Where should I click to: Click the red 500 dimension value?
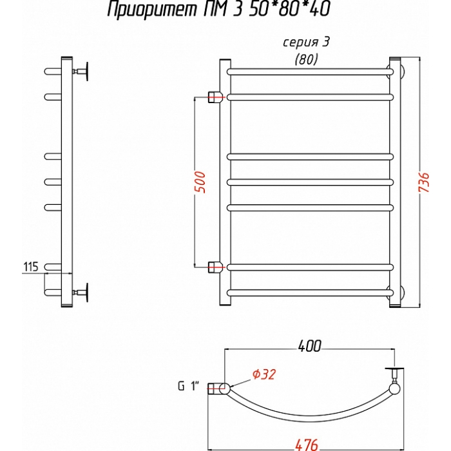click(200, 182)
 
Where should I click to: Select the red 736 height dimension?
click(424, 182)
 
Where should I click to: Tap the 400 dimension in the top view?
click(309, 346)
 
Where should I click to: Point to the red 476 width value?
click(307, 445)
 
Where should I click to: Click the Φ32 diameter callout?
click(264, 374)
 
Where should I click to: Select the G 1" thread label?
click(189, 387)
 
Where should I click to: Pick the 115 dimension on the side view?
click(30, 267)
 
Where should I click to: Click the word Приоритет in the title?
click(153, 10)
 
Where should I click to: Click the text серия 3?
click(306, 43)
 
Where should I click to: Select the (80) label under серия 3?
click(306, 59)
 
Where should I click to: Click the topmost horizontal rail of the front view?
click(310, 72)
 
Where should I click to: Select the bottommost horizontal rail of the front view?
click(310, 293)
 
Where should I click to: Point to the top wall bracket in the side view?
click(81, 71)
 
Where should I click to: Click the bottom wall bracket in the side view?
click(81, 293)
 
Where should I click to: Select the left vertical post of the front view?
click(225, 182)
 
